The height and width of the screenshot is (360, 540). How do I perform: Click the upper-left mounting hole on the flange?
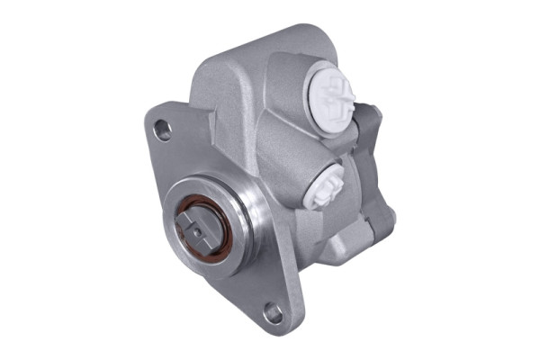point(163,130)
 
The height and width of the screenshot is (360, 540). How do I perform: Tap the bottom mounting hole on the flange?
point(274,312)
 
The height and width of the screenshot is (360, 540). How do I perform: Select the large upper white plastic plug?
point(332,94)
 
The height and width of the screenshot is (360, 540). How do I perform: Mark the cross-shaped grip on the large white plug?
point(335,92)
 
